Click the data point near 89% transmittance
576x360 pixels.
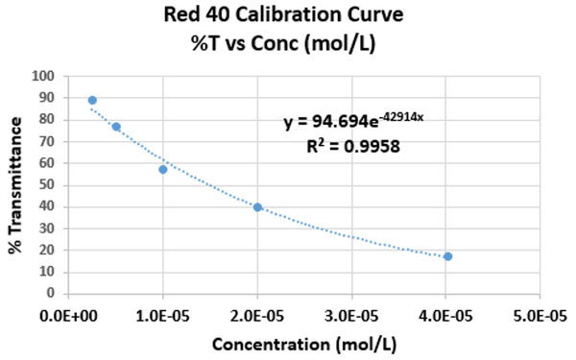pos(92,100)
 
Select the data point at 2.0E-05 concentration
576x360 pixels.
pos(257,207)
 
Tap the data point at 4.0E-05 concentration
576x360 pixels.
pos(447,256)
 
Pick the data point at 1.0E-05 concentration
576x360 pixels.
pos(163,169)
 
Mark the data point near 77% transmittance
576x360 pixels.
pos(116,127)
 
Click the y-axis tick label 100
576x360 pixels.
pos(43,76)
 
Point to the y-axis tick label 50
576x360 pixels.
pos(47,184)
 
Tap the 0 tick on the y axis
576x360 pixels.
pos(51,293)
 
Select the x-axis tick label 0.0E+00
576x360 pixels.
pos(69,316)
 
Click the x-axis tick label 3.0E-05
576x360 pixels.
pos(351,316)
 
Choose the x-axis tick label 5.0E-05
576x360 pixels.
pos(540,316)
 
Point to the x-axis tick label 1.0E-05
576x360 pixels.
pos(163,316)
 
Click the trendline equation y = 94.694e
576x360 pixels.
pos(330,121)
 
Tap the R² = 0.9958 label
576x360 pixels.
pos(353,146)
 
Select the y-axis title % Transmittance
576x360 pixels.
pos(15,185)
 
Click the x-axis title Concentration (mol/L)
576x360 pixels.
pos(304,345)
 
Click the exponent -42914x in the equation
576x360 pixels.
pos(401,117)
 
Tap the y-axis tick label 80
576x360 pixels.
pos(47,119)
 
